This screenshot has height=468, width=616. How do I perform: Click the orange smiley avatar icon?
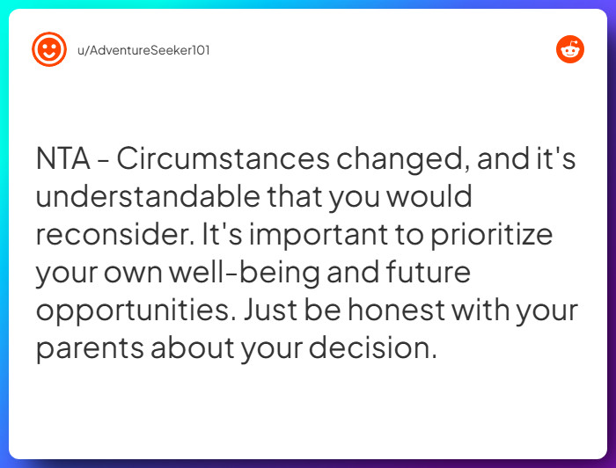tap(49, 49)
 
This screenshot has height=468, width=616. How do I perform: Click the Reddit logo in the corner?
tap(570, 49)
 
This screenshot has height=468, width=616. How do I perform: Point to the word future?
tap(427, 272)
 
